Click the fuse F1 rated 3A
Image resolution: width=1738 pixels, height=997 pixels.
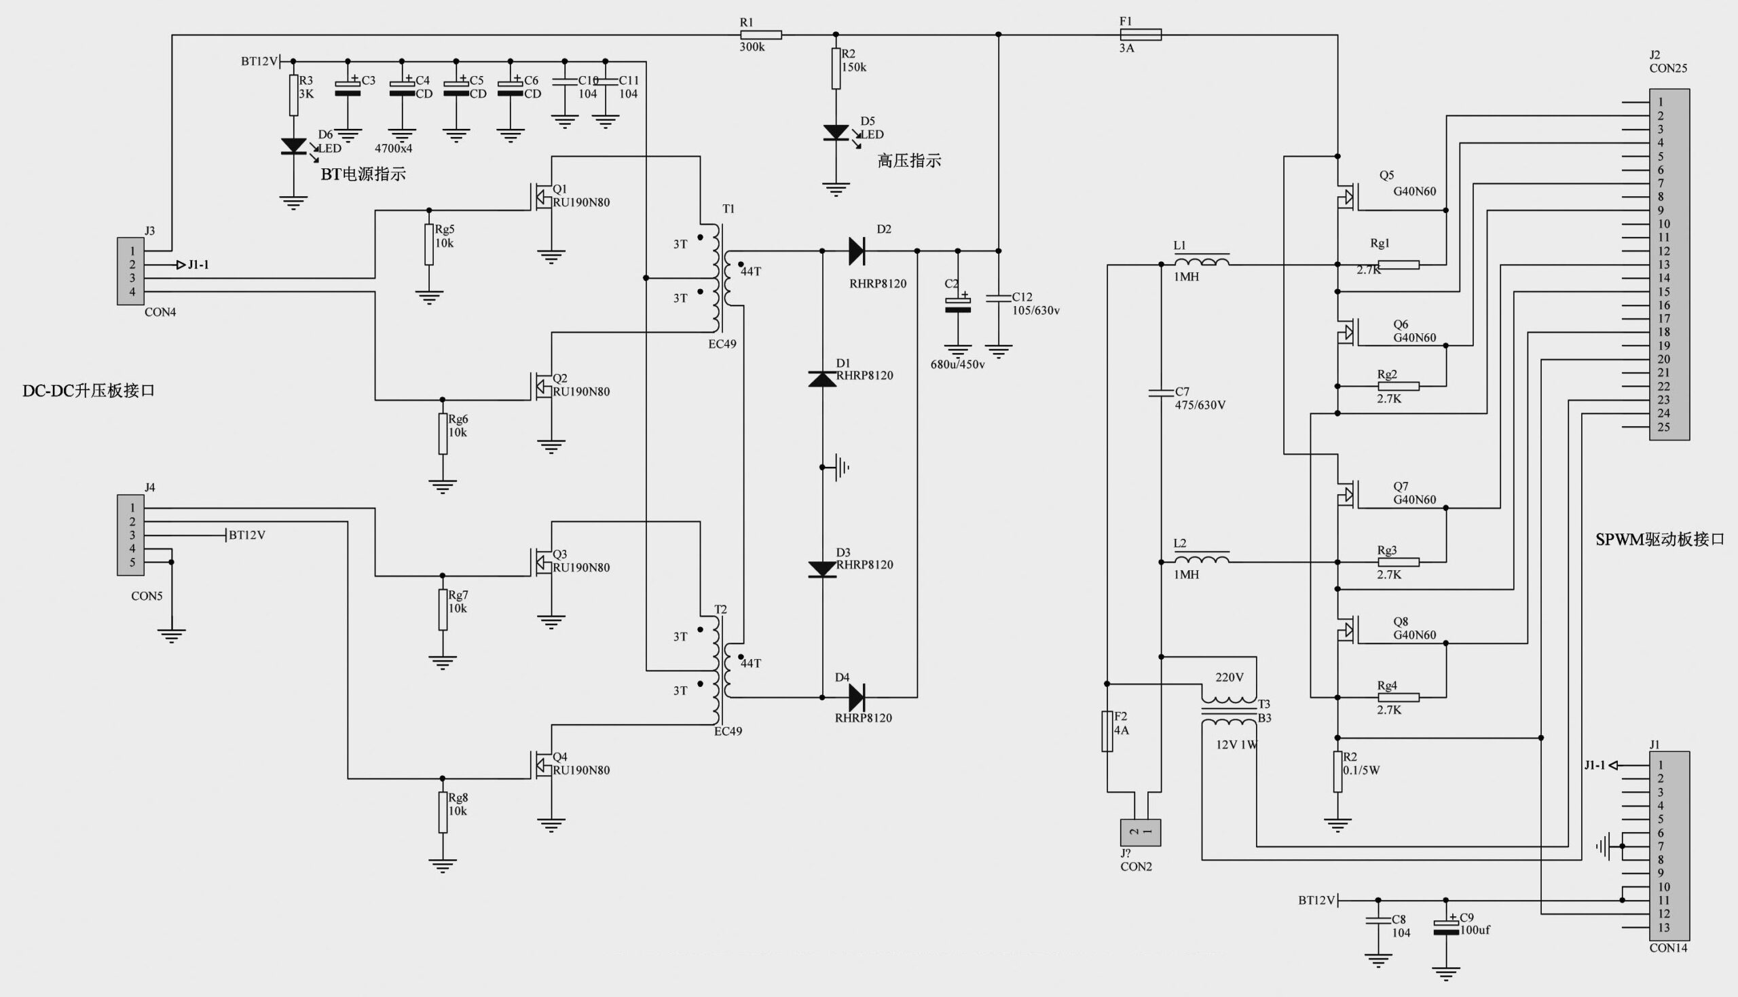1140,34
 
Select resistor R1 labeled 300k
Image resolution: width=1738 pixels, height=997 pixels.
761,34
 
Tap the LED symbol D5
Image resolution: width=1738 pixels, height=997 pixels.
836,133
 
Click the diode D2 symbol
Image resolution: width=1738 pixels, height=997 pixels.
856,250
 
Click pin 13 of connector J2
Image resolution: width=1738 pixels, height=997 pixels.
1660,264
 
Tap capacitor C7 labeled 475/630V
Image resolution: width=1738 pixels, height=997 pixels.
1162,393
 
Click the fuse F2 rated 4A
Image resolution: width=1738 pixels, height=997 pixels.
1107,732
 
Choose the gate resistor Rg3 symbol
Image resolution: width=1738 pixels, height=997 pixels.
1398,562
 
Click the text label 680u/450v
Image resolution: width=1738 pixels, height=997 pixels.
957,364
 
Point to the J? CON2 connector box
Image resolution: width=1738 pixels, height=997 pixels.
1140,832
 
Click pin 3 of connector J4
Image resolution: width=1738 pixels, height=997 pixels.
132,535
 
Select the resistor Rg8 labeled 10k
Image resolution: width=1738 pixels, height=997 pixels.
443,812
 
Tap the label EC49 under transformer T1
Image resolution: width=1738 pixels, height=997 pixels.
722,343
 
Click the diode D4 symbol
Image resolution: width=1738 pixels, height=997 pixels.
856,697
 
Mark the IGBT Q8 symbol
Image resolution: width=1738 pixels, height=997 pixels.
1346,629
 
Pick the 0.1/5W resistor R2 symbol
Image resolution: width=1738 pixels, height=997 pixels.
1337,772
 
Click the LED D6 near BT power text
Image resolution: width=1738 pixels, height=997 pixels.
294,146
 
